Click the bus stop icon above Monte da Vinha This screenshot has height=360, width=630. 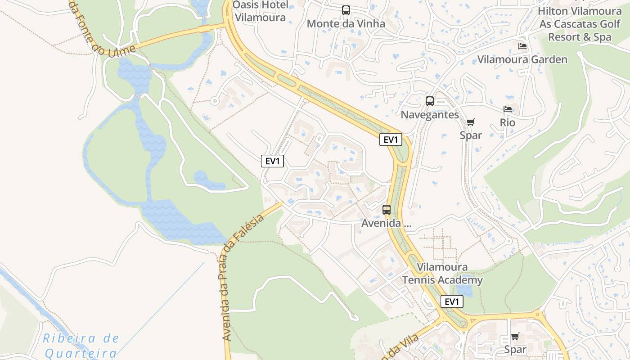346,10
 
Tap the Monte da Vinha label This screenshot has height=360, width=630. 346,24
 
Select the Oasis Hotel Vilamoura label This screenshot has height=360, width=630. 260,12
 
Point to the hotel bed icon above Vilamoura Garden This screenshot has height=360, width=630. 522,46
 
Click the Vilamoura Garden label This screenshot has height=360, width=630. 522,59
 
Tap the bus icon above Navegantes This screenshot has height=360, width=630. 430,101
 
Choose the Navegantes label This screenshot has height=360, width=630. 430,115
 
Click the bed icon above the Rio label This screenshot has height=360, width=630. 508,109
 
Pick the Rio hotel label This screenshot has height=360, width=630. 508,123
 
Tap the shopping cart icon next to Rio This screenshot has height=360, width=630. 471,122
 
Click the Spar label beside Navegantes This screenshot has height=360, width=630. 471,135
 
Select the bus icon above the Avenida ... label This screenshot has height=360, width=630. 387,209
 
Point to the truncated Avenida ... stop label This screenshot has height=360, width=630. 387,223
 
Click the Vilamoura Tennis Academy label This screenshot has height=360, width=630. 442,274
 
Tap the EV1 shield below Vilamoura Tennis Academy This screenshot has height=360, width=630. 451,301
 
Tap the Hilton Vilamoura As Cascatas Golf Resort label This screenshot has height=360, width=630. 580,24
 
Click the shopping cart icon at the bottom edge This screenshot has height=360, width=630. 515,336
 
